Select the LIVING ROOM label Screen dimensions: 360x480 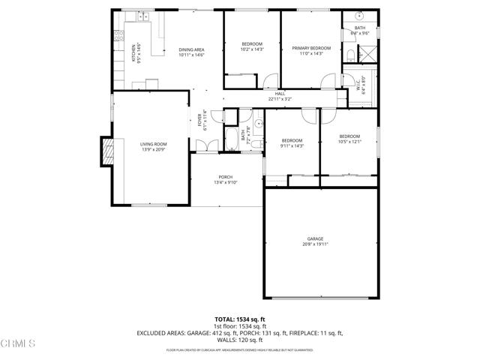click(x=153, y=144)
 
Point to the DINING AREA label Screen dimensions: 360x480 click(x=191, y=50)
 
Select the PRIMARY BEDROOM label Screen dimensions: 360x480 click(x=310, y=47)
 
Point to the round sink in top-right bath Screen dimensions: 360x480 click(x=359, y=16)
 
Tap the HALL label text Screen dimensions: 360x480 click(x=280, y=94)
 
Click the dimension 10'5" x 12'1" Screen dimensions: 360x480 click(x=349, y=142)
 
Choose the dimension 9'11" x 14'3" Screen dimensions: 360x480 click(x=292, y=145)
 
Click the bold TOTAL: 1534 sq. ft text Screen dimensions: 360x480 click(x=240, y=319)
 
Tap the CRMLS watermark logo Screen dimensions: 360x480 click(x=19, y=344)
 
